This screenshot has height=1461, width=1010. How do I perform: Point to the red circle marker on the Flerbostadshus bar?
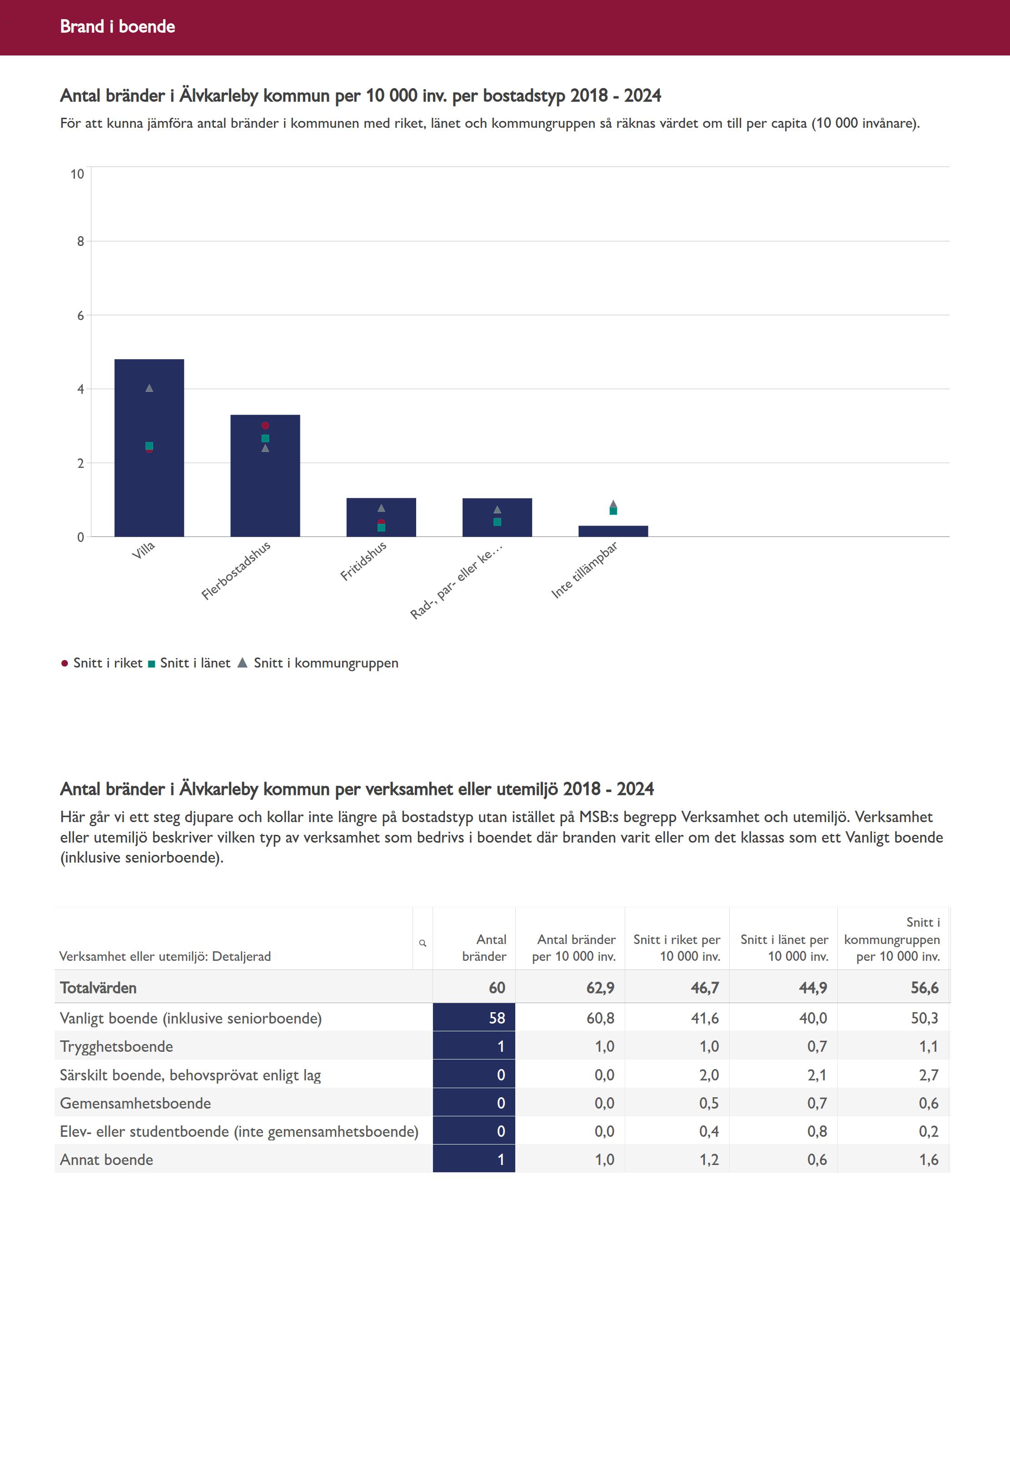[265, 426]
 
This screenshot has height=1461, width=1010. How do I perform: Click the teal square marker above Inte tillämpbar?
[613, 511]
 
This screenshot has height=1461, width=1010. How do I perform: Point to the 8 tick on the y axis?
[80, 241]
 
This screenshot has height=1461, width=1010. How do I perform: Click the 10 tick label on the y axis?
[77, 174]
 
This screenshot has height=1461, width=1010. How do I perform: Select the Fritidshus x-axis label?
[363, 561]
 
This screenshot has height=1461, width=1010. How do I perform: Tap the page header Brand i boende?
[118, 26]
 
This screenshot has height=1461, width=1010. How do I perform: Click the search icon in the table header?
[423, 943]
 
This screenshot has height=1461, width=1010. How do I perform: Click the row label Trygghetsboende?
[116, 1046]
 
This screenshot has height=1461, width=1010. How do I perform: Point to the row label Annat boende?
[106, 1160]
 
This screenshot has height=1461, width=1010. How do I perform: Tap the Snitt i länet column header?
[784, 948]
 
